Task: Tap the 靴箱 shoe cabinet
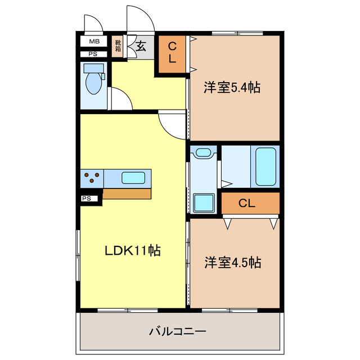[118, 45]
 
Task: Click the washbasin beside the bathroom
[204, 152]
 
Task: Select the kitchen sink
[136, 178]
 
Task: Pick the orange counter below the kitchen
[127, 193]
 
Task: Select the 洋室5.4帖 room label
[232, 87]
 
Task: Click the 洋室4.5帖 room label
[232, 262]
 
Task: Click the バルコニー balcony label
[178, 331]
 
